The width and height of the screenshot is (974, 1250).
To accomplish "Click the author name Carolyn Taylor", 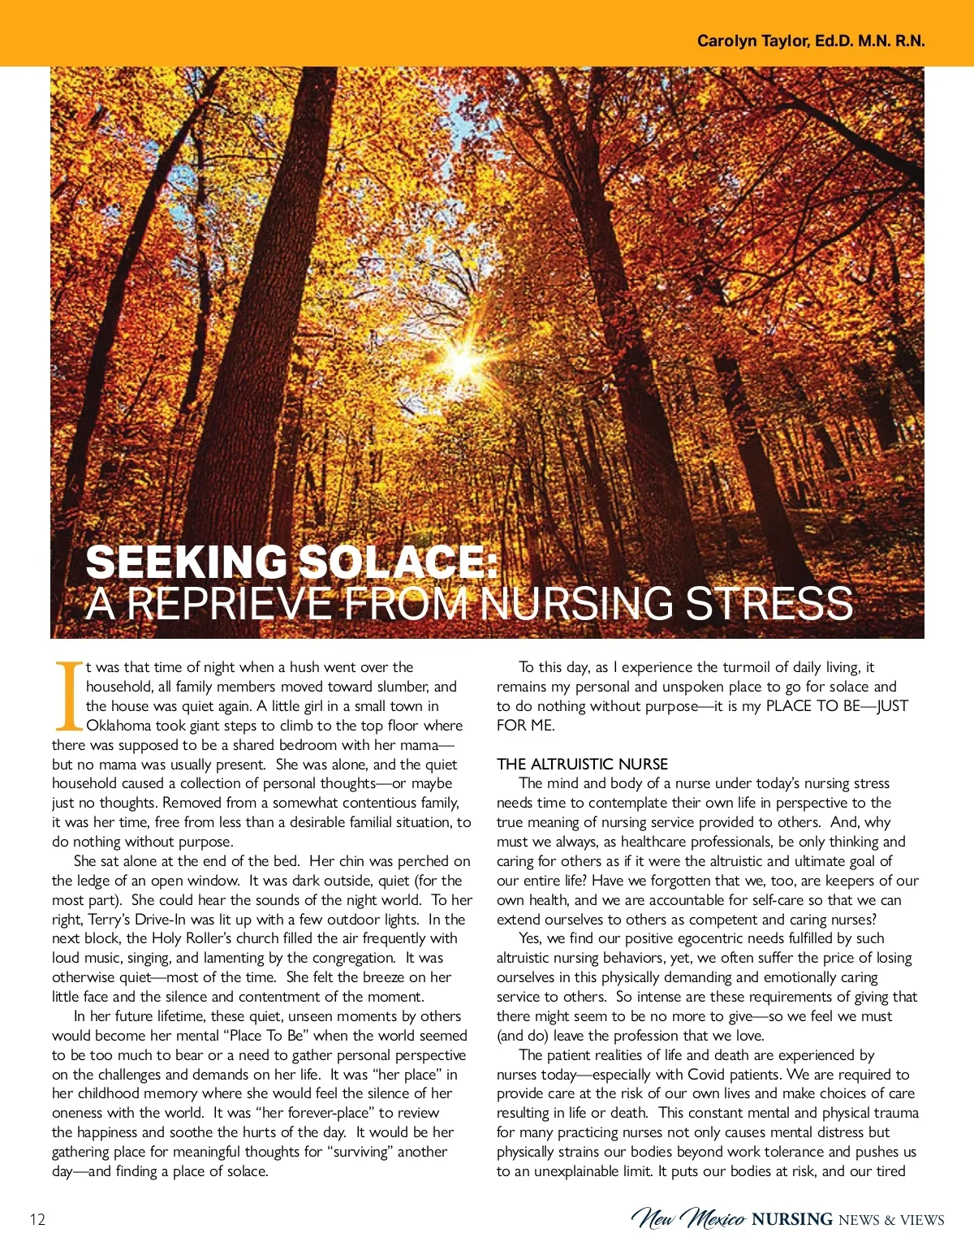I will pos(752,41).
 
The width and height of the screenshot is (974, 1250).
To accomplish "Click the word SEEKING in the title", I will pos(186,562).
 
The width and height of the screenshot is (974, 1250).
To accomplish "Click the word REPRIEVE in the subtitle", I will pos(230,604).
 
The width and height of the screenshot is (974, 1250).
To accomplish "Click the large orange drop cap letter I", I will pos(68,696).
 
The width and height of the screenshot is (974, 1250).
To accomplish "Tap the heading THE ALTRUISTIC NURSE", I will pos(582,764).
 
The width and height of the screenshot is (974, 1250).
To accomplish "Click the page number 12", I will pos(37,1219).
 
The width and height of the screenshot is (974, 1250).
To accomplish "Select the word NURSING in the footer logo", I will pos(792,1219).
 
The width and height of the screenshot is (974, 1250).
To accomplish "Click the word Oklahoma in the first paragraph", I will pos(119,726).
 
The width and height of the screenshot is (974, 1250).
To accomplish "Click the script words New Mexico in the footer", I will pos(688,1218).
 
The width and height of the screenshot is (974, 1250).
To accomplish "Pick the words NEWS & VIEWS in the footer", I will pos(891,1220).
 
